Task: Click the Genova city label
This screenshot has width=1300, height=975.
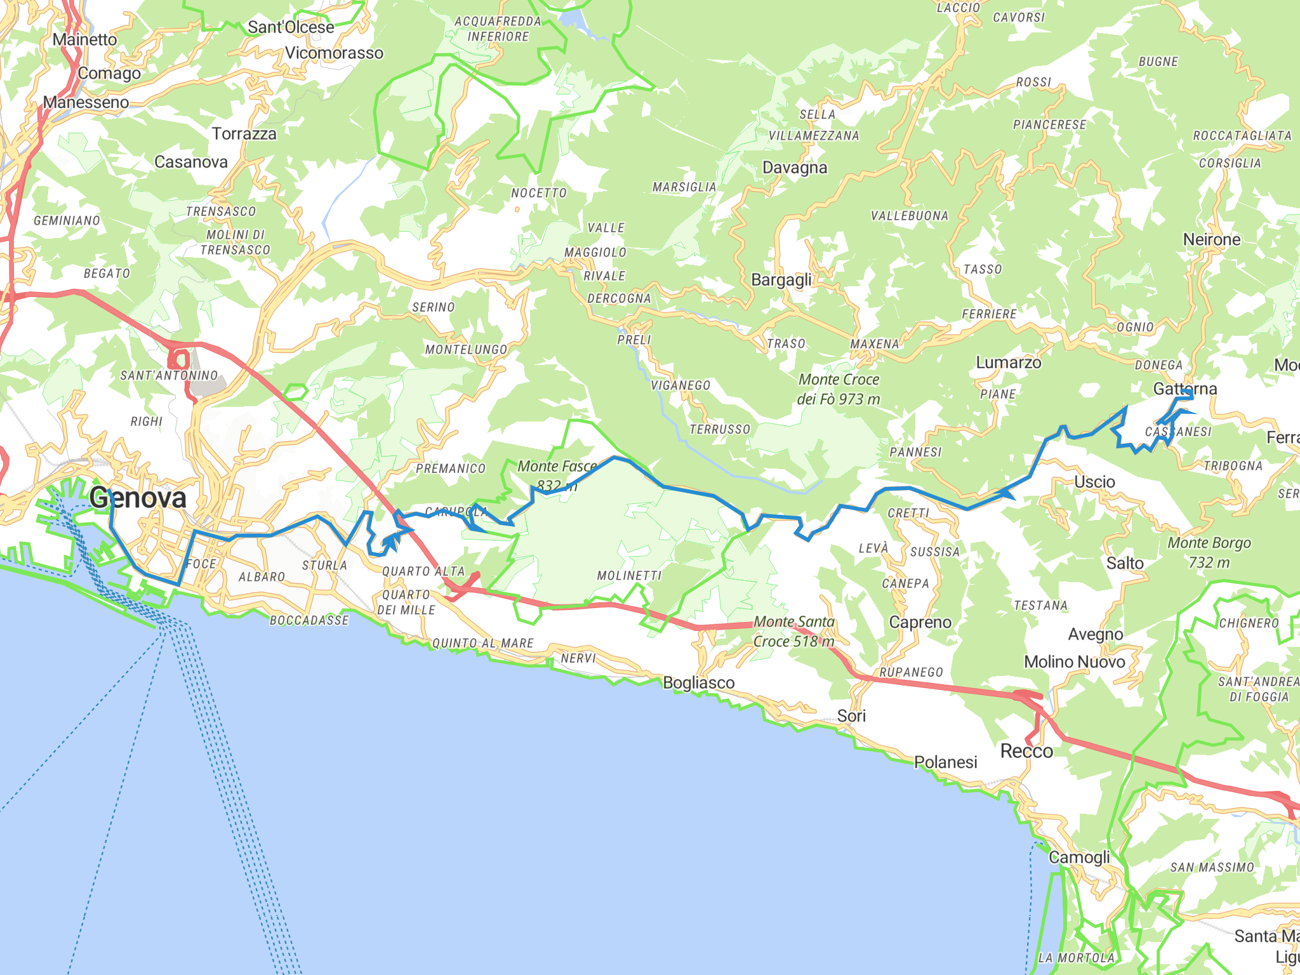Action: tap(138, 498)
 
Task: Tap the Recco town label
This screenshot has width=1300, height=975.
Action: tap(1026, 751)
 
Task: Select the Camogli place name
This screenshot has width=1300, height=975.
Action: tap(1079, 857)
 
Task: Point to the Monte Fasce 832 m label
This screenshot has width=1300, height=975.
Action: tap(557, 475)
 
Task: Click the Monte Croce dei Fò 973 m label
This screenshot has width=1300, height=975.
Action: tap(839, 389)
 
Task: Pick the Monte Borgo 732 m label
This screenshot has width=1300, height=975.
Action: tap(1209, 552)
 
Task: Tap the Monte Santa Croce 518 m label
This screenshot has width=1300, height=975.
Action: tap(794, 632)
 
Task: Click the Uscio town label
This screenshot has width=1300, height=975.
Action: tap(1094, 482)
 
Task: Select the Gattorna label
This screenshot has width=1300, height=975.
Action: tap(1185, 388)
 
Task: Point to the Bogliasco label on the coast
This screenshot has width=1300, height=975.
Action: tap(699, 683)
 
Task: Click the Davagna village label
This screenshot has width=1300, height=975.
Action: tap(795, 168)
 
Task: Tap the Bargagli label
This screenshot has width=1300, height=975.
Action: tap(781, 280)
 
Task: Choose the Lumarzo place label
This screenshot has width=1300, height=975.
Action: tap(1009, 362)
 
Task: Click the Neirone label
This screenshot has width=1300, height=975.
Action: tap(1212, 239)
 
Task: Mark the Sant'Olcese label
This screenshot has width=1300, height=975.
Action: tap(291, 27)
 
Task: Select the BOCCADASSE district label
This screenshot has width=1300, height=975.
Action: tap(309, 620)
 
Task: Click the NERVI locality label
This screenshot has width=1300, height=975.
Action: tap(578, 658)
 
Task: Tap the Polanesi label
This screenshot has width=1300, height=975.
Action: tap(945, 762)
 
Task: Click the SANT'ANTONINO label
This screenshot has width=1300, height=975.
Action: tap(169, 375)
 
